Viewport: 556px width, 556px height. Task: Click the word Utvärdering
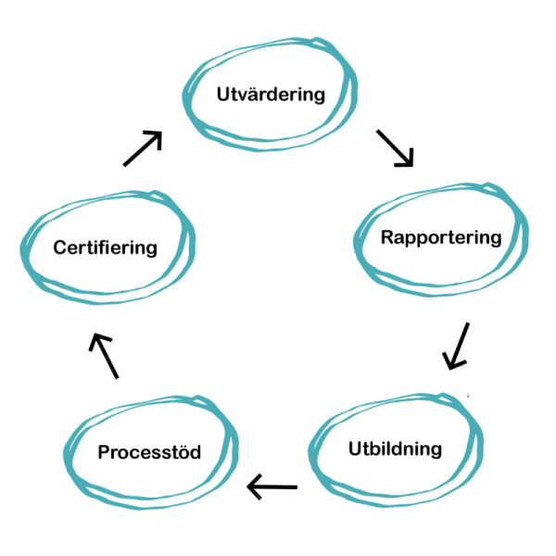(x=271, y=95)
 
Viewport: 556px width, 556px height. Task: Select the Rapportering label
(x=441, y=237)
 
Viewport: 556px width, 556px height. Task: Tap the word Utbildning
(x=395, y=450)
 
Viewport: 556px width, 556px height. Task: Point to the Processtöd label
(x=149, y=452)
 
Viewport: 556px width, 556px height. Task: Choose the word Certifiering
(x=105, y=247)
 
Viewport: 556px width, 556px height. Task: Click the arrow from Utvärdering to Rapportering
(x=395, y=148)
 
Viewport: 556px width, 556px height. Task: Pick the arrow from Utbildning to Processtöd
(x=272, y=486)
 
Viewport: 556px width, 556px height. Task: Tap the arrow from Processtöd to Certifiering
(x=104, y=356)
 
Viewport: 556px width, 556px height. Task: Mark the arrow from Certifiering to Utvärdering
(x=143, y=148)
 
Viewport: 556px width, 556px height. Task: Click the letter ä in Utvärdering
(x=254, y=95)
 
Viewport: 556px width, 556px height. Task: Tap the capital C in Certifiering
(x=60, y=247)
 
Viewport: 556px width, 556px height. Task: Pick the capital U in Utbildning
(x=356, y=450)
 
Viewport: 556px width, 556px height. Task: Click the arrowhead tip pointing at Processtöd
(x=247, y=486)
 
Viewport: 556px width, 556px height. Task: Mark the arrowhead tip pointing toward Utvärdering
(x=162, y=132)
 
